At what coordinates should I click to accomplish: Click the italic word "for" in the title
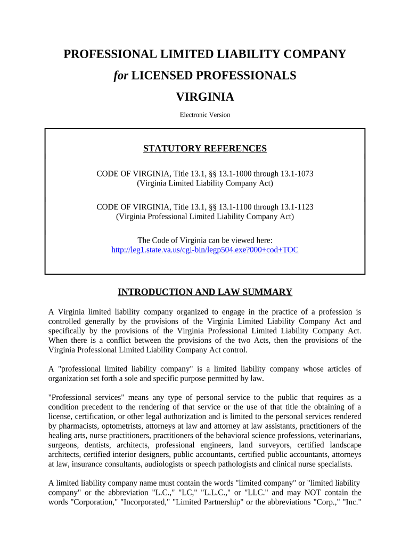[121, 76]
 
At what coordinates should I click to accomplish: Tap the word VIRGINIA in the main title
[205, 97]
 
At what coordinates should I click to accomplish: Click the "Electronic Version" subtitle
[205, 115]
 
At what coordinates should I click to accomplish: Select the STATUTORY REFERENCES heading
[205, 149]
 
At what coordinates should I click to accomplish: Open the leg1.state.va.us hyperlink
[205, 250]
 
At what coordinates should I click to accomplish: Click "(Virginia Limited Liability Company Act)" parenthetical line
[205, 183]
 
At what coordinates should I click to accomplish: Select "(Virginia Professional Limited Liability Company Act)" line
[205, 216]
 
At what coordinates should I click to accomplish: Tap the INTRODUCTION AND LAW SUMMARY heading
[205, 292]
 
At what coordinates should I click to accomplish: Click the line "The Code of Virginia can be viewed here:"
[205, 240]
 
